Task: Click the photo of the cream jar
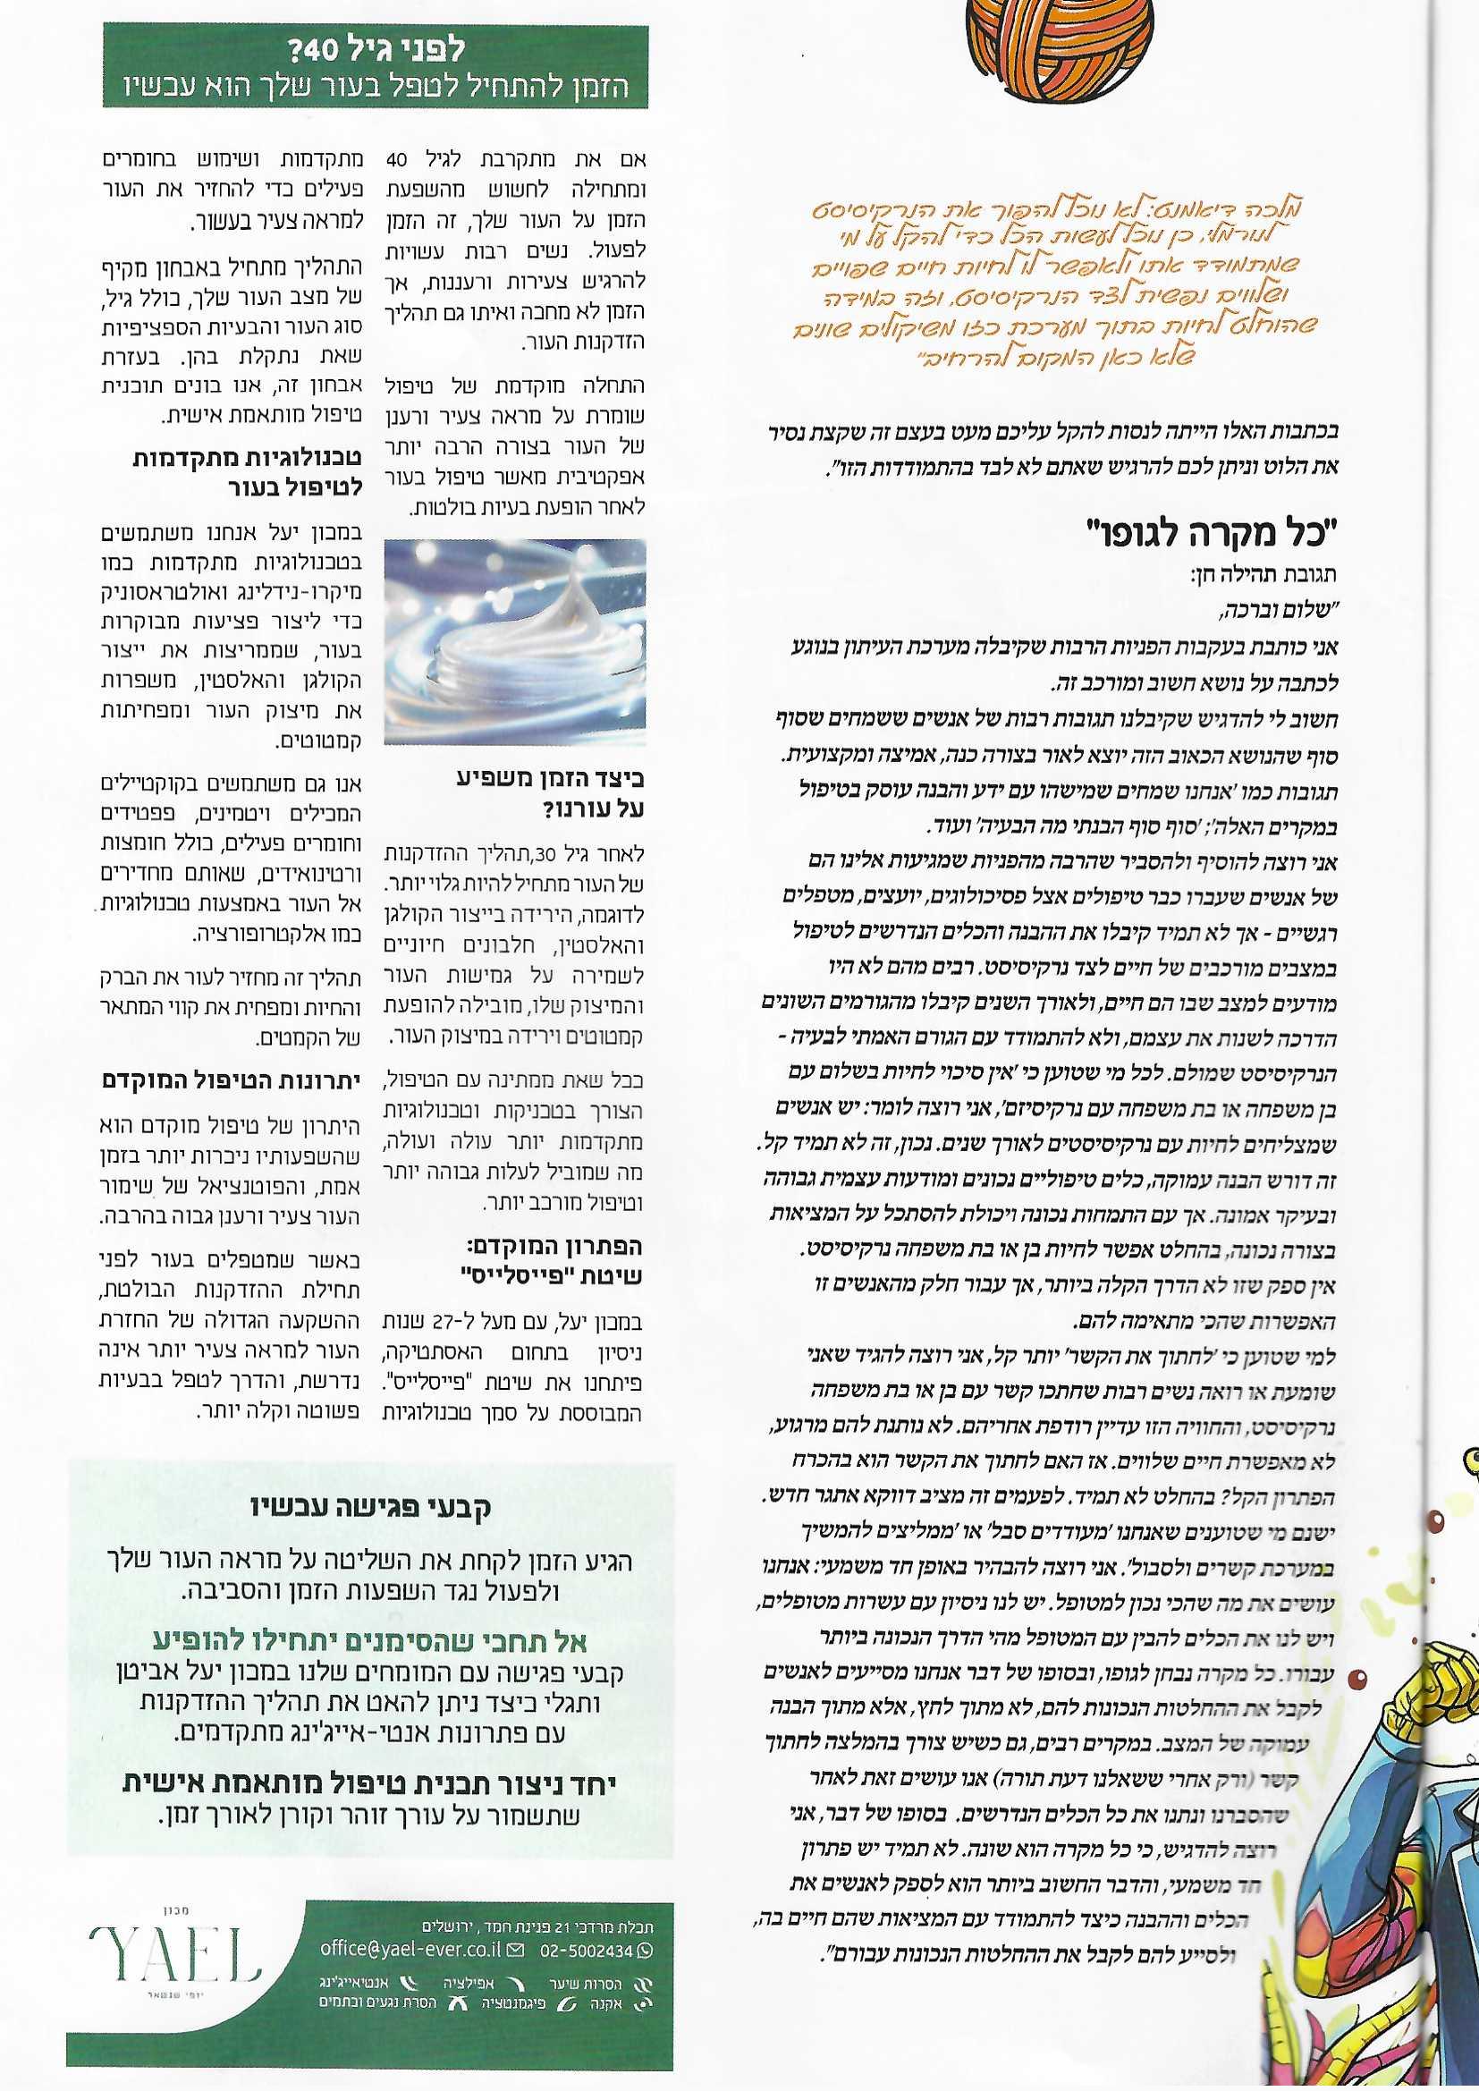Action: click(x=514, y=642)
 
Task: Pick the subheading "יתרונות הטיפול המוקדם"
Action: click(x=232, y=1081)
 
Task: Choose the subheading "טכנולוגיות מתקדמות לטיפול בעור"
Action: click(x=248, y=471)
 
